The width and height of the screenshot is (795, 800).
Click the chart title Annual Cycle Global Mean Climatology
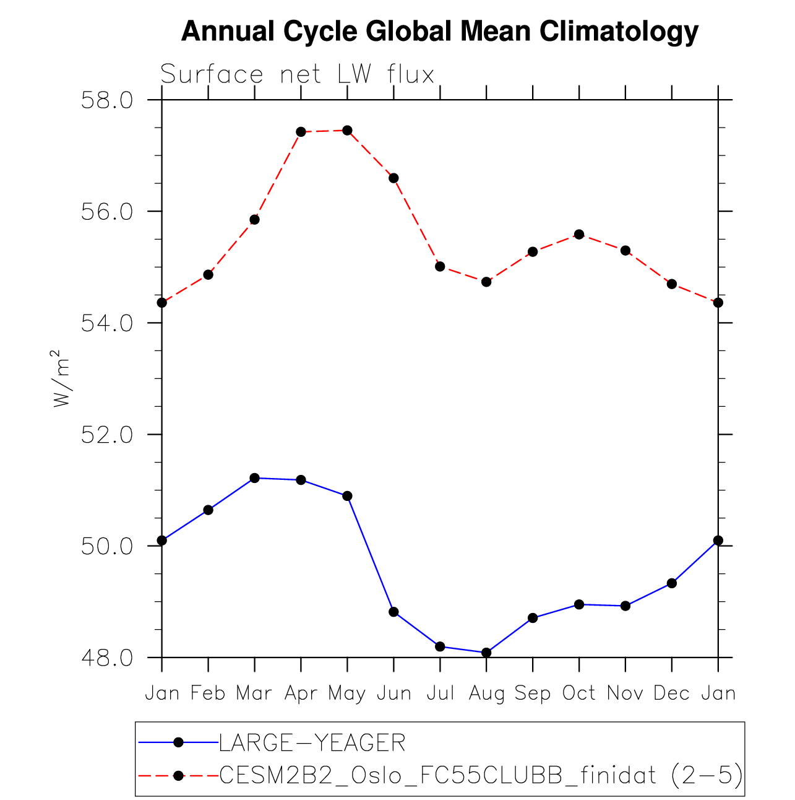click(440, 32)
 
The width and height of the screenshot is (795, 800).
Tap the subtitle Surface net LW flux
click(297, 75)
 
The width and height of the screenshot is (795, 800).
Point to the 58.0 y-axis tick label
click(107, 100)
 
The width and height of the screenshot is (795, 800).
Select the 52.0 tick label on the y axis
click(107, 435)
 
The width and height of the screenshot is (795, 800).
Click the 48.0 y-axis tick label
click(107, 658)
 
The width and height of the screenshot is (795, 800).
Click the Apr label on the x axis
click(301, 693)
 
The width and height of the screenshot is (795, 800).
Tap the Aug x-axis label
click(486, 693)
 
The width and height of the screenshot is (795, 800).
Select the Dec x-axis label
click(671, 693)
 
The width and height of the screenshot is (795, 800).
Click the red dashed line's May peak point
click(347, 130)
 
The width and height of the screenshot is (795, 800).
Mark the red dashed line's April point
click(301, 132)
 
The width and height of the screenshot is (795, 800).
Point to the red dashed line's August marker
click(486, 282)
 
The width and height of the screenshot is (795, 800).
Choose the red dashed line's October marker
click(579, 234)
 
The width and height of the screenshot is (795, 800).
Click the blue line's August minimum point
click(486, 652)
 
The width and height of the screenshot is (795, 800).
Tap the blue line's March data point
click(254, 478)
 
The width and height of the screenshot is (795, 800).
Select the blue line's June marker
click(393, 612)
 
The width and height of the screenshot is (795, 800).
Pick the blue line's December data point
click(671, 583)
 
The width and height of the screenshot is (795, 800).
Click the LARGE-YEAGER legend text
click(312, 742)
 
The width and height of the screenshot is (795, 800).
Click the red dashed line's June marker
click(393, 178)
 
